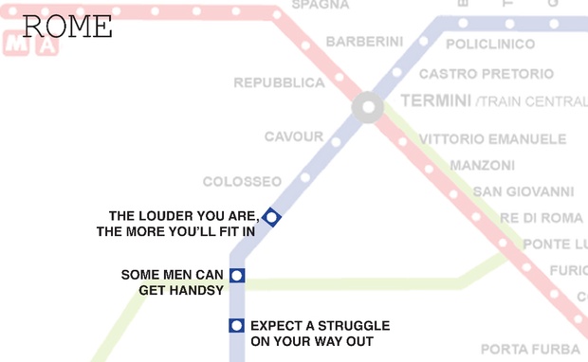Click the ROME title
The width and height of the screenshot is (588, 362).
[x=66, y=26]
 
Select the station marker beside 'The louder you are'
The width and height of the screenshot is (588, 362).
[x=272, y=218]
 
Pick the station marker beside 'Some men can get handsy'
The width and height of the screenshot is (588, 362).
[x=237, y=276]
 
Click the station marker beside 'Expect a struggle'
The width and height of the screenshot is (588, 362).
[x=237, y=326]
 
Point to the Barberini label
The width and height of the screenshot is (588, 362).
[x=364, y=42]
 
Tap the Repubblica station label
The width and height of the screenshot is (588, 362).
[x=279, y=83]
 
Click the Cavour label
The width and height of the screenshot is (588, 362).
[x=294, y=137]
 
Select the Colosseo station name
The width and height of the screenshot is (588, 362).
[x=242, y=181]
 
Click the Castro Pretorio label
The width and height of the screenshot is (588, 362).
[x=487, y=74]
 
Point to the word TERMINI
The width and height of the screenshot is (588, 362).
[x=435, y=100]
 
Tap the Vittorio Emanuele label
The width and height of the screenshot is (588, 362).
[x=492, y=139]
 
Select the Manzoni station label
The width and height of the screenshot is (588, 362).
[x=482, y=165]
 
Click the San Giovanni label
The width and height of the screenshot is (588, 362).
[x=523, y=191]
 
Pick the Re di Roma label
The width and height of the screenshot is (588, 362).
[x=542, y=218]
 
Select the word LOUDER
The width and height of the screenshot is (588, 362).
[x=173, y=215]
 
